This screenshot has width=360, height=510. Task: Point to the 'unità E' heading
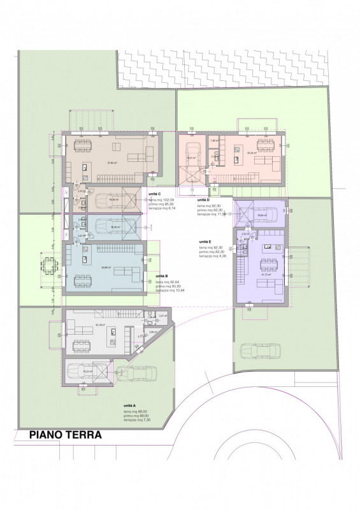[x=205, y=242]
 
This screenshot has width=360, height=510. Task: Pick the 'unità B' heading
[x=162, y=276]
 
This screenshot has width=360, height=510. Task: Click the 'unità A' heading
[x=130, y=405]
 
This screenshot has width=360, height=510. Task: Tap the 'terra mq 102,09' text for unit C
[x=163, y=200]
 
